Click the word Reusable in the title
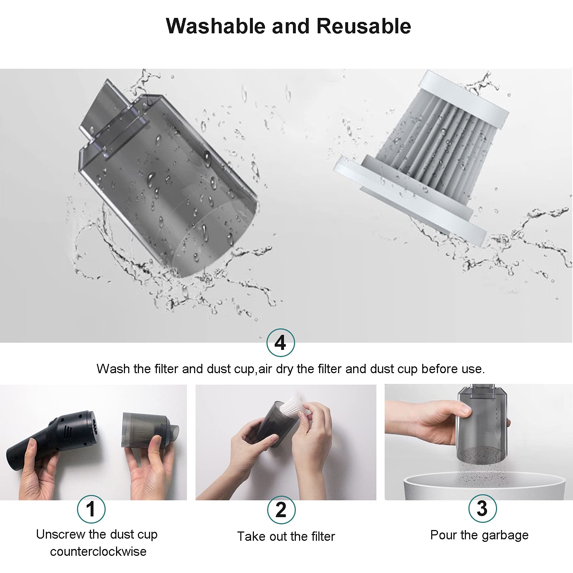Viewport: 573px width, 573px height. pyautogui.click(x=363, y=26)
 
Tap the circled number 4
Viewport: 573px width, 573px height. pyautogui.click(x=281, y=343)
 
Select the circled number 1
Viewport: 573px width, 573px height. pyautogui.click(x=91, y=509)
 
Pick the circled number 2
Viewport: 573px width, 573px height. pyautogui.click(x=281, y=510)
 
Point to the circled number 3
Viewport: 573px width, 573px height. pyautogui.click(x=482, y=508)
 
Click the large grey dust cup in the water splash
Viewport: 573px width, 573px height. pyautogui.click(x=165, y=179)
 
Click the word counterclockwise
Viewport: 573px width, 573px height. pyautogui.click(x=98, y=551)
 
